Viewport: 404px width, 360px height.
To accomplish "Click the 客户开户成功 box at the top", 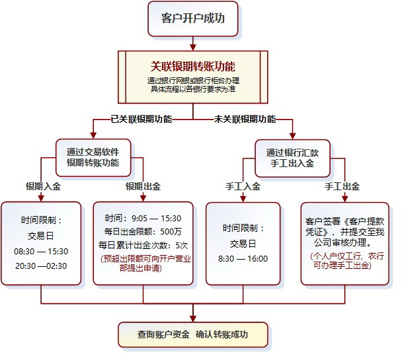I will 192,19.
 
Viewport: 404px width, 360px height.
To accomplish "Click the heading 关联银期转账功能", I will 192,67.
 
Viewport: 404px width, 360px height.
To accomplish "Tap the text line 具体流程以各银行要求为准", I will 192,89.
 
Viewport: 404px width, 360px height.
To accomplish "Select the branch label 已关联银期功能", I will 141,120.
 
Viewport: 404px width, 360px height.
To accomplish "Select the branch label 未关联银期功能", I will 245,120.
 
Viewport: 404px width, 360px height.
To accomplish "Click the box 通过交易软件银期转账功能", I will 93,158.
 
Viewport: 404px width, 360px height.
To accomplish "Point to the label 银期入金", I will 43,187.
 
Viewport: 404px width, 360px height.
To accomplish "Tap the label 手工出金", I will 342,187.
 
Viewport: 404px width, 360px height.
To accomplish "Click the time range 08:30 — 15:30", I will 41,252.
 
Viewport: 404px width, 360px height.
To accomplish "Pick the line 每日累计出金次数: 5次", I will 143,245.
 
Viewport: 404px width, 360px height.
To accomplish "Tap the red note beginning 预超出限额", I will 143,263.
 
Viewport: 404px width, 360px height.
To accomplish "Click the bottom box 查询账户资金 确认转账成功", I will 193,335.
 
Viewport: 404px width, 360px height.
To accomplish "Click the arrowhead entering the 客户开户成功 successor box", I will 192,46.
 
